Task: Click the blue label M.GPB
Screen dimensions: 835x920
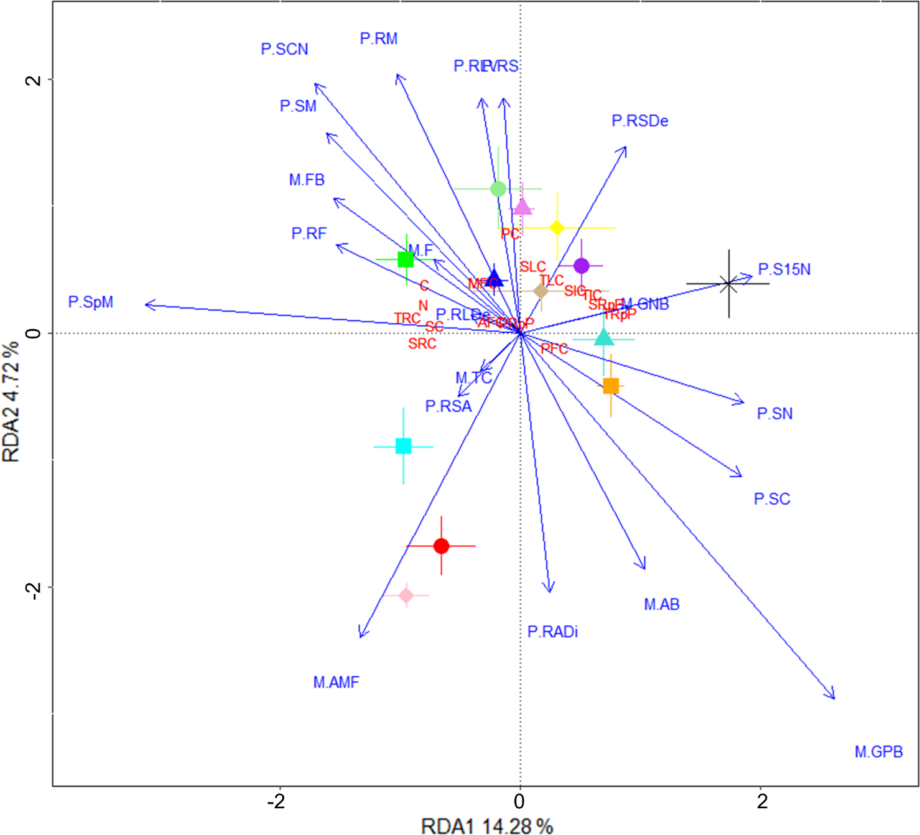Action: (878, 752)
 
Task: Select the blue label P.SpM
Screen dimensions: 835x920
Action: (91, 302)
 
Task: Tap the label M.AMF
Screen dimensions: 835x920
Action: (336, 683)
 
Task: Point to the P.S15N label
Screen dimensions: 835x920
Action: (784, 269)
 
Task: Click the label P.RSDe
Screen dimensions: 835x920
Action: (639, 121)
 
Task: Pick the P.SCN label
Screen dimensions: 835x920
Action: (284, 49)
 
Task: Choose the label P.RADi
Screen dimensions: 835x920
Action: (552, 632)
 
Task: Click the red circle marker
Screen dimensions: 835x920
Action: (441, 546)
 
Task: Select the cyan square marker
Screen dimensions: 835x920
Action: (404, 446)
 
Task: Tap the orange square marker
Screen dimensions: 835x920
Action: (611, 386)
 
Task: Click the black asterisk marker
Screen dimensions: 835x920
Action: (728, 284)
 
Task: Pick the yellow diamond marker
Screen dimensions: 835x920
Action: (557, 228)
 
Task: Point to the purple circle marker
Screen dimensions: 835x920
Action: (581, 266)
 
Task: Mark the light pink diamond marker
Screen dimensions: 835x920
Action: (406, 595)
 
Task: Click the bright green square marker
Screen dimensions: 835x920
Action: (406, 259)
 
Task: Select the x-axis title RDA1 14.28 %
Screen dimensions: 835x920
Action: (486, 826)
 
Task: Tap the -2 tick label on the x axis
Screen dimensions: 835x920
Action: (276, 801)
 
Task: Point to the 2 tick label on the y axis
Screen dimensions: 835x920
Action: (34, 80)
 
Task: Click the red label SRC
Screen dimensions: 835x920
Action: (422, 343)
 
